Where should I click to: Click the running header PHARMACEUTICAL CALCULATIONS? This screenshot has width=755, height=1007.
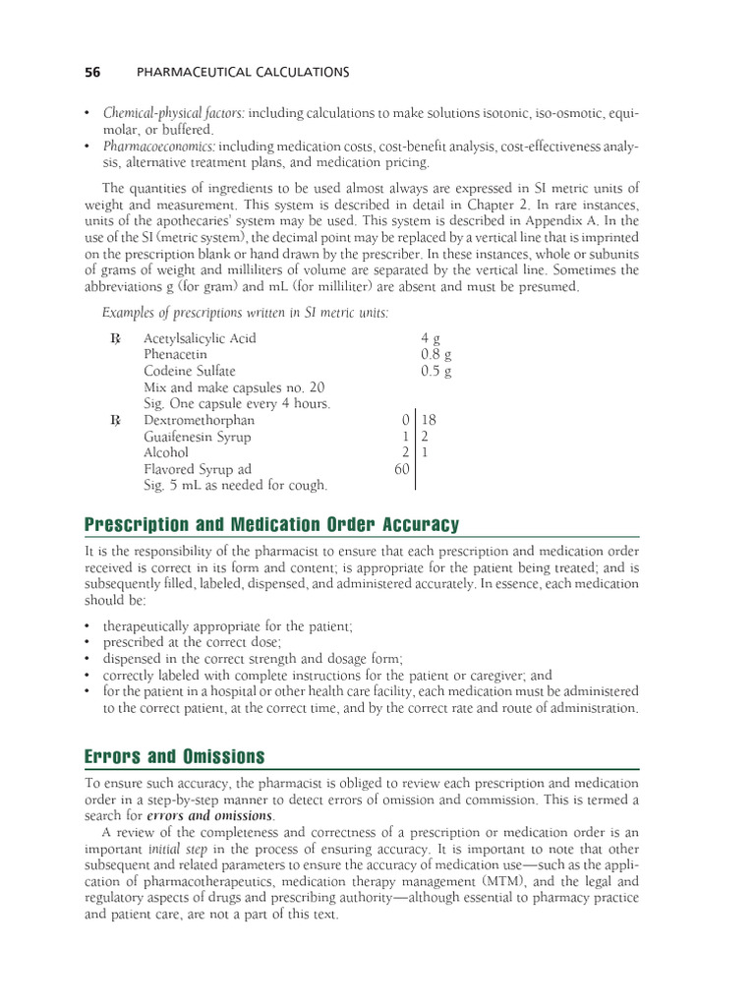[x=241, y=72]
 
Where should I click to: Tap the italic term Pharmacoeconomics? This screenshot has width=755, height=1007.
[x=158, y=147]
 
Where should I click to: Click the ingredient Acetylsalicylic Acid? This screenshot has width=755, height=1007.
[x=200, y=338]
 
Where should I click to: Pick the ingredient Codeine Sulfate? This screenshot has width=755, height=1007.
[x=190, y=372]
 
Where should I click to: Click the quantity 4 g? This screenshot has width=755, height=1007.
[x=430, y=338]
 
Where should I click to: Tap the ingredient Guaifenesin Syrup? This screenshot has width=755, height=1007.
[x=197, y=437]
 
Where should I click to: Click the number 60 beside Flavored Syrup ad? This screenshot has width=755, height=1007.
[x=401, y=469]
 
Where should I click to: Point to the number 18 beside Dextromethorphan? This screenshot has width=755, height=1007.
[x=429, y=420]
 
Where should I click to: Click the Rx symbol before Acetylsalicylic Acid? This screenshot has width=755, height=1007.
[x=116, y=339]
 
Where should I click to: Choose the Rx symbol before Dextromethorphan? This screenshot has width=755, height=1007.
[x=116, y=421]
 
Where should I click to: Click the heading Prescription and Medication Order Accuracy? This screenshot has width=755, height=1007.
[x=271, y=525]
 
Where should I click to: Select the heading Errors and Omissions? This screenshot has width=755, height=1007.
[x=175, y=756]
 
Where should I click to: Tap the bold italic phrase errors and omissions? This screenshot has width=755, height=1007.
[x=210, y=815]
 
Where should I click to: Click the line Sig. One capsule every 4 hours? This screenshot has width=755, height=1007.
[x=237, y=404]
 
